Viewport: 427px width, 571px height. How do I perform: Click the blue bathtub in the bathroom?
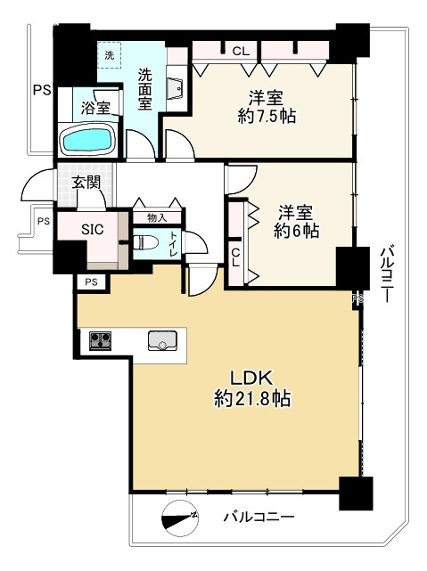87,140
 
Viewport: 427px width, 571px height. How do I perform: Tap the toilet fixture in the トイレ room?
145,242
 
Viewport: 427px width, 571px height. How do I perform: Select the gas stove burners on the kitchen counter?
100,341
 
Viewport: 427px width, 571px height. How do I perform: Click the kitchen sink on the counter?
162,341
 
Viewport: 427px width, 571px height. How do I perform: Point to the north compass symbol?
179,517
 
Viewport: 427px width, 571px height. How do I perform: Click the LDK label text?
251,379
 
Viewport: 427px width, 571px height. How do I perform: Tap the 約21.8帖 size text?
252,398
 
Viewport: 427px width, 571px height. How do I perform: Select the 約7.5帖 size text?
267,116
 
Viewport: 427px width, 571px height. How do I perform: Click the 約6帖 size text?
296,231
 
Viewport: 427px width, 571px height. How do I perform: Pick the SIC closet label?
92,229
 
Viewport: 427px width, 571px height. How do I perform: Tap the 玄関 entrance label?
86,183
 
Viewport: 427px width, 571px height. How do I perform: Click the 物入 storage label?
157,217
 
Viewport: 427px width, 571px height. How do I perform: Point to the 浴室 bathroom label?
95,107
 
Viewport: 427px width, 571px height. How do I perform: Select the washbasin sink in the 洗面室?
175,87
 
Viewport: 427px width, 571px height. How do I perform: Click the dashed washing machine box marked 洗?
110,55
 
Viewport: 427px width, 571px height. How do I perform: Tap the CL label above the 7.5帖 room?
241,51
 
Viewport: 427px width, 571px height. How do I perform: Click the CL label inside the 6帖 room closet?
235,257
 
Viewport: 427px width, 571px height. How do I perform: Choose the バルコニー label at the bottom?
259,517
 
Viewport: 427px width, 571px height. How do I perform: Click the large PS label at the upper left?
42,90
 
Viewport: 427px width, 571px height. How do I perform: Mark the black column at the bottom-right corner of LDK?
356,494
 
